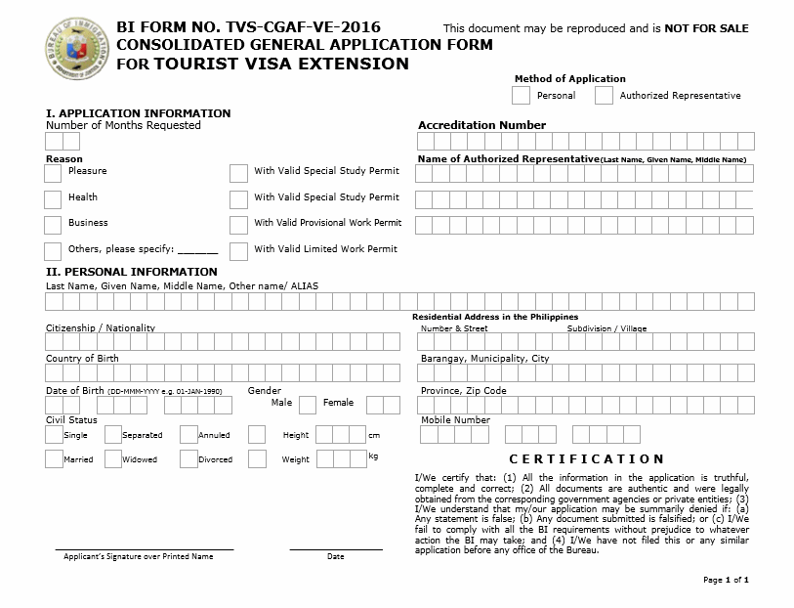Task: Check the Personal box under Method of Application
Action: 521,95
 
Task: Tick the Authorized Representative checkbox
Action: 604,95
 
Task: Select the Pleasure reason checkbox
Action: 53,173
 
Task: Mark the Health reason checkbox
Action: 53,199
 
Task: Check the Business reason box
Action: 53,225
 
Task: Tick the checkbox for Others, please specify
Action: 53,251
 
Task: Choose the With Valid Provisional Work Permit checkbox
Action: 238,225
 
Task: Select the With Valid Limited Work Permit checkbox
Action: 238,251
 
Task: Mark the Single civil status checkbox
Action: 53,434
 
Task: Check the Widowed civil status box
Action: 112,458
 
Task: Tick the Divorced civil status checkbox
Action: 188,458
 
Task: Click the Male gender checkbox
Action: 307,404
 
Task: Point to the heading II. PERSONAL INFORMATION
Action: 132,272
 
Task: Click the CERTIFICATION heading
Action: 587,458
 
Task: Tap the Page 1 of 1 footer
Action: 726,580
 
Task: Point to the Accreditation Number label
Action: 481,125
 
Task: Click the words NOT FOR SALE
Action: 706,28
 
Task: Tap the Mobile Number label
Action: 455,420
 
